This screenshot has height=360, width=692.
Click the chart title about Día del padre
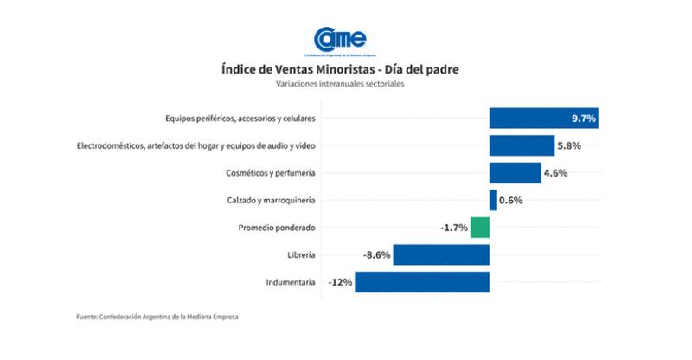345,68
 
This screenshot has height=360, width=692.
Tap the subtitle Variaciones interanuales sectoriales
345,84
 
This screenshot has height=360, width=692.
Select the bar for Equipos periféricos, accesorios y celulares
543,119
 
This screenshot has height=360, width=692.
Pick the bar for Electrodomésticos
522,145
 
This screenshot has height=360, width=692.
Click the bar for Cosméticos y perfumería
515,173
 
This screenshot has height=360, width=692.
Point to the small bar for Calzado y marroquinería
493,201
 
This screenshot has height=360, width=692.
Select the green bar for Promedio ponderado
480,228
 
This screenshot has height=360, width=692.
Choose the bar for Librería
441,255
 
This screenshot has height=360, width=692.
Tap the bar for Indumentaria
422,282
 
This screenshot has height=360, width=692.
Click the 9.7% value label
583,119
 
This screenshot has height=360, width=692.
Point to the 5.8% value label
568,145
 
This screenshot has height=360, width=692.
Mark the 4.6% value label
555,173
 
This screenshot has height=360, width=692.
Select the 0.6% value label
511,201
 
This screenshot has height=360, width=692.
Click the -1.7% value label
454,228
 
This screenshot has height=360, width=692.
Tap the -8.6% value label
376,255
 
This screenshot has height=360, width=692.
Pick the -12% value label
340,282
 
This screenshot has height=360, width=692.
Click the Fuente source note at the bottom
157,318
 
